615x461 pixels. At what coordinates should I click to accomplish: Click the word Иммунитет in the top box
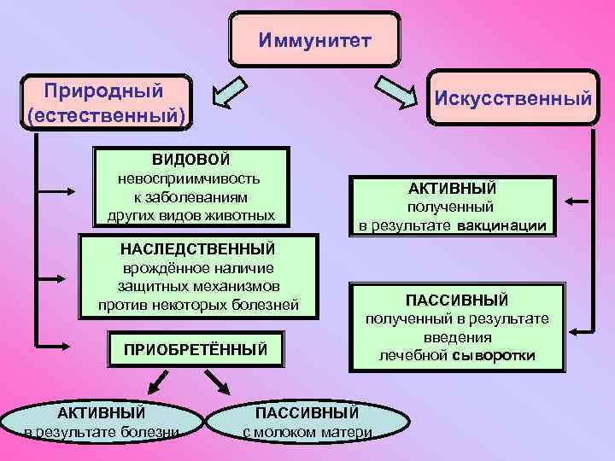(x=315, y=40)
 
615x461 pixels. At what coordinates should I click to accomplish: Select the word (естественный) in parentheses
(x=106, y=114)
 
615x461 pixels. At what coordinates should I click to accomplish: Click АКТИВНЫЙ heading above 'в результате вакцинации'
(x=452, y=188)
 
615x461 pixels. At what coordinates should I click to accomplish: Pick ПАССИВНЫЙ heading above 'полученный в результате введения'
(x=457, y=300)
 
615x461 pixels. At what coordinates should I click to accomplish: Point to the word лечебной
(x=413, y=355)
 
